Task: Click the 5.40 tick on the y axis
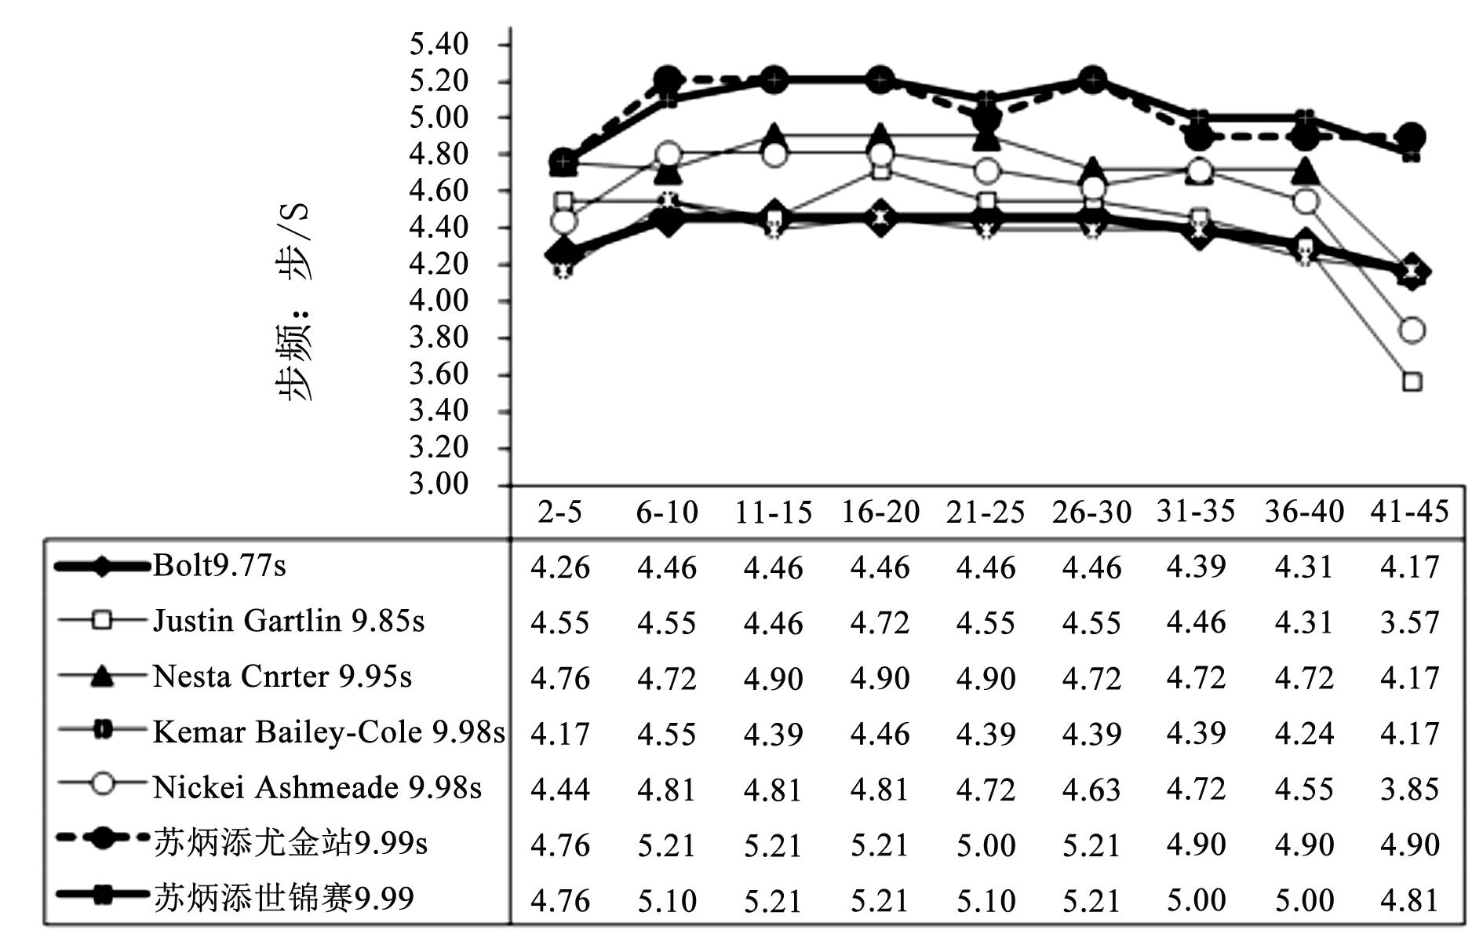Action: (x=439, y=44)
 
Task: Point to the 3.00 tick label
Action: (x=439, y=484)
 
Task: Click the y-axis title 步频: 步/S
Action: (x=295, y=302)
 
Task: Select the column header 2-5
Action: (x=559, y=513)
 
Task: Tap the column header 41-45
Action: (x=1409, y=512)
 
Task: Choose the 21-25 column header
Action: (x=986, y=513)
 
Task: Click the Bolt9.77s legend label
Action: (x=220, y=566)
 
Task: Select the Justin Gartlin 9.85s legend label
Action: (x=288, y=622)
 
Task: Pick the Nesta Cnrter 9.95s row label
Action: (x=282, y=677)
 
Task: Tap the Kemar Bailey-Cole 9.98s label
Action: (x=329, y=732)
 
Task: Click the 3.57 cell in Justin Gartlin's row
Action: (x=1409, y=622)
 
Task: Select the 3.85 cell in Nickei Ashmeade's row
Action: (x=1409, y=789)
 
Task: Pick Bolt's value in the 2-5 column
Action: (x=559, y=567)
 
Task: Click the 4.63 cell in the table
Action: (x=1091, y=789)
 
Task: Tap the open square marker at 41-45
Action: (x=1412, y=382)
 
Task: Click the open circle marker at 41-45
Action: (x=1412, y=330)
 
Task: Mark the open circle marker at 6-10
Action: (x=668, y=154)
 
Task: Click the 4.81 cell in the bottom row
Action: (x=1409, y=900)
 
